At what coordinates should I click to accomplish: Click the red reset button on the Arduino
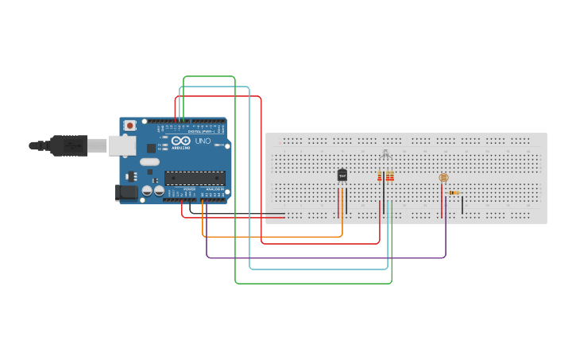point(130,126)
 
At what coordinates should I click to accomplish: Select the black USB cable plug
point(68,145)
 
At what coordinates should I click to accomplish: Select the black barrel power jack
point(126,192)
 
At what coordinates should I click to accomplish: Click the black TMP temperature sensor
point(342,175)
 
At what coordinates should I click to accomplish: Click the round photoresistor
point(443,178)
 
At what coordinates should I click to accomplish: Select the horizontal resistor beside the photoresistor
point(454,192)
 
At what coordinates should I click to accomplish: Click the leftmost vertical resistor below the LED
point(381,176)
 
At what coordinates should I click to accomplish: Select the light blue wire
point(318,269)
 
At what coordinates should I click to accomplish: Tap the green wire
point(318,283)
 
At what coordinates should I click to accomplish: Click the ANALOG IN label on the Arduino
point(215,188)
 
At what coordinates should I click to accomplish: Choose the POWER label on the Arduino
point(189,188)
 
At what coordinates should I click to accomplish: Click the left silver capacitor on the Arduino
point(148,191)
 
